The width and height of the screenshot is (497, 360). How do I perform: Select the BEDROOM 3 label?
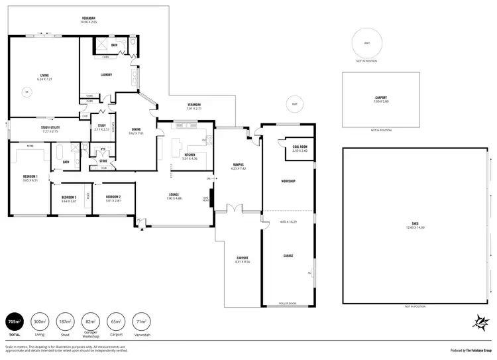coord(69,197)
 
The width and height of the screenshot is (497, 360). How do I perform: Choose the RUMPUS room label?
coord(239,164)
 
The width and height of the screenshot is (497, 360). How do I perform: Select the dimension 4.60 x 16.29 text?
coord(289,221)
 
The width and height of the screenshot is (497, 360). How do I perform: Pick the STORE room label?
coord(103,160)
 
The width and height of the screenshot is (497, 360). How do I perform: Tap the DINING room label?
coord(136,130)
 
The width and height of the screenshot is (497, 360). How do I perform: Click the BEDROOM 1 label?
coord(30,176)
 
